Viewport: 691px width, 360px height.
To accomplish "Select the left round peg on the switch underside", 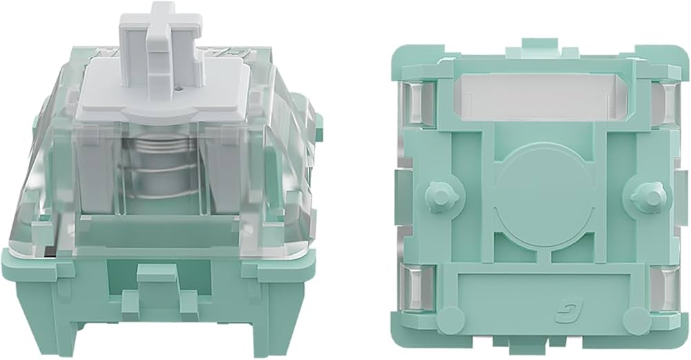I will pyautogui.click(x=437, y=196).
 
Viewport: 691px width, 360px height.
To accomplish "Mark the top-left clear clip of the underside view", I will pyautogui.click(x=423, y=104).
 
